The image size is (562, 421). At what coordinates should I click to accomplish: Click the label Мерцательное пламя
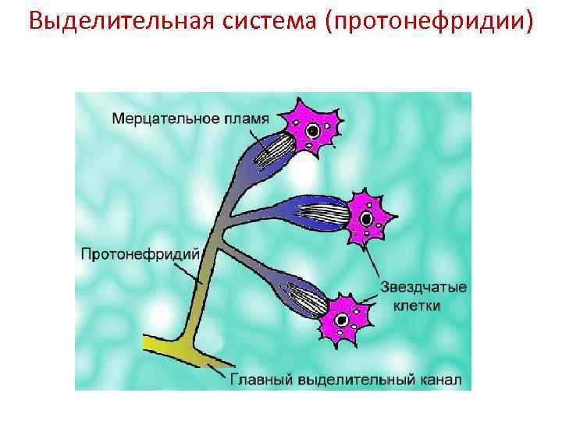(x=190, y=119)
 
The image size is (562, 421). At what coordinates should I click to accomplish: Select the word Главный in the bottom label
(x=258, y=380)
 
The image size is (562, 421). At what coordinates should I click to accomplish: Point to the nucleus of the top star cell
(x=312, y=131)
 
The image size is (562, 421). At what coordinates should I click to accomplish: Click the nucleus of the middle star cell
(x=364, y=218)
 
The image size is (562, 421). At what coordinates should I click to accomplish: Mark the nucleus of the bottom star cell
(x=341, y=319)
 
